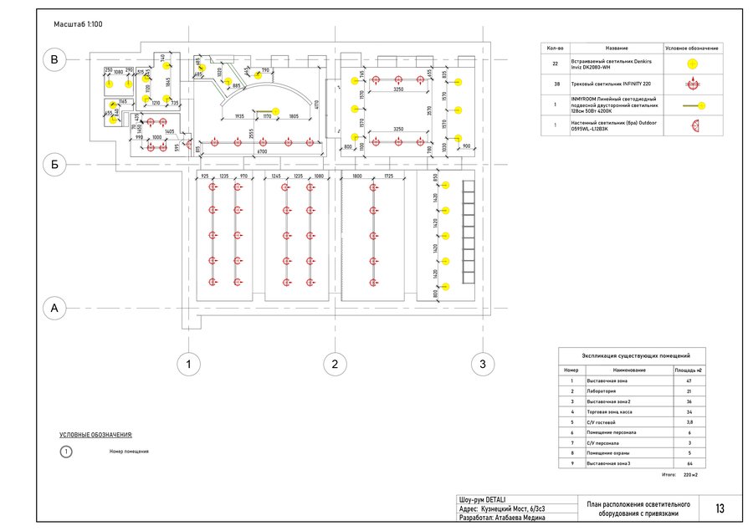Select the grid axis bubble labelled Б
tap(54, 166)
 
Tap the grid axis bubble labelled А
tap(54, 309)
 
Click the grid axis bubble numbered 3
tap(482, 364)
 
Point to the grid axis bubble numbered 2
tap(335, 364)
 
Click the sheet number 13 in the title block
tap(720, 509)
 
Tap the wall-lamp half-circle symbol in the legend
tap(692, 127)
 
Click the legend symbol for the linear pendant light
tap(692, 106)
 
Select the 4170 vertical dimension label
tap(316, 105)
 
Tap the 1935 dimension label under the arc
tap(239, 117)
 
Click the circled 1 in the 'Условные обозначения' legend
tap(67, 452)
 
